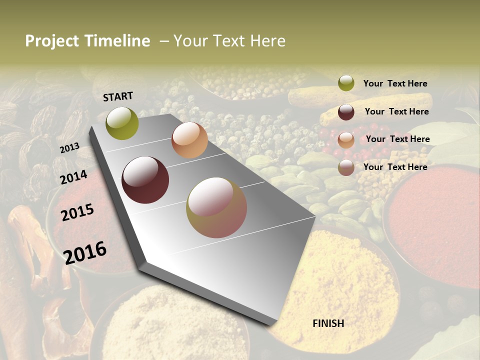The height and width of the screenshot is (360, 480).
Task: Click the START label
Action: tap(118, 96)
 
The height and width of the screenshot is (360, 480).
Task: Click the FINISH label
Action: tap(328, 323)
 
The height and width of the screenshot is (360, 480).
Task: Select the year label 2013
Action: tap(69, 147)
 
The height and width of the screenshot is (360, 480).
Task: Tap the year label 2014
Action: tap(74, 177)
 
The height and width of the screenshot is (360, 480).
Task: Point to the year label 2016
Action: tap(85, 252)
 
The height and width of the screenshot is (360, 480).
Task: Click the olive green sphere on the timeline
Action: tap(122, 123)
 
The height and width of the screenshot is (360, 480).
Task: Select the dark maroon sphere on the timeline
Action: tap(145, 180)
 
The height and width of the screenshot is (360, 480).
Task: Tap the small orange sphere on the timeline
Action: tap(189, 140)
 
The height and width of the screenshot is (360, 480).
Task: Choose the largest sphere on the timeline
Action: tap(216, 207)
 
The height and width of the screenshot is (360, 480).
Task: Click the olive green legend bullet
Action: tap(346, 83)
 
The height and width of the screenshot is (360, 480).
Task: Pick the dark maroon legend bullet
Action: tap(346, 112)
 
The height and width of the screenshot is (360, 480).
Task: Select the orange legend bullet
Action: tap(346, 140)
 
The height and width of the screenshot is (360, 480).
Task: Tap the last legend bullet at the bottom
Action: tap(346, 167)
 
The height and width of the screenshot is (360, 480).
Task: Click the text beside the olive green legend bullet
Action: tap(395, 83)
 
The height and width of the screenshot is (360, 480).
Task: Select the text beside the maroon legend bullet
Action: tap(396, 111)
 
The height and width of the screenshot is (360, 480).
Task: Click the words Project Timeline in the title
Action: tap(87, 41)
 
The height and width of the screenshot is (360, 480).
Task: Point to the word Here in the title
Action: tap(267, 41)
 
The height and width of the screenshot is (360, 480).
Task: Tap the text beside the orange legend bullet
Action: tap(397, 139)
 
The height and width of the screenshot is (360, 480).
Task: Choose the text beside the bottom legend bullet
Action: tap(395, 167)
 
